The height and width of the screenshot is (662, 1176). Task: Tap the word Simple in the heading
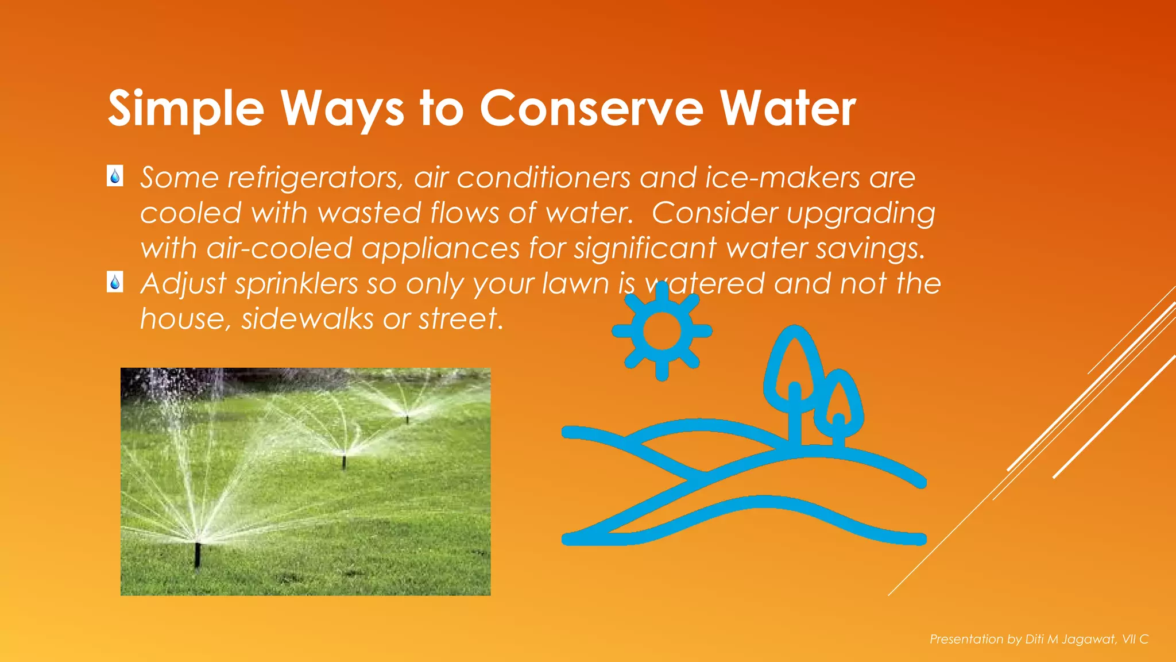(x=185, y=109)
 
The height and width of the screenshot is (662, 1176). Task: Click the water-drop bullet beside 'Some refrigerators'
(x=115, y=176)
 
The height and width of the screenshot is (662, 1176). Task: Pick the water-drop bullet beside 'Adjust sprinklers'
(x=115, y=282)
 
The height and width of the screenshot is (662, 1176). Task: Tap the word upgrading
(x=861, y=214)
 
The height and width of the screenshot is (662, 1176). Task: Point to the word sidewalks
(x=307, y=319)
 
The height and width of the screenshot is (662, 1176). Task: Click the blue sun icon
(x=662, y=331)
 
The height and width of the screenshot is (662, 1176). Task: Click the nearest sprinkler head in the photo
(x=198, y=552)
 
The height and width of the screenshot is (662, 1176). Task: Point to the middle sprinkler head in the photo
(x=344, y=460)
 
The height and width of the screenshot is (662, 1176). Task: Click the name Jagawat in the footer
(x=1088, y=639)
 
